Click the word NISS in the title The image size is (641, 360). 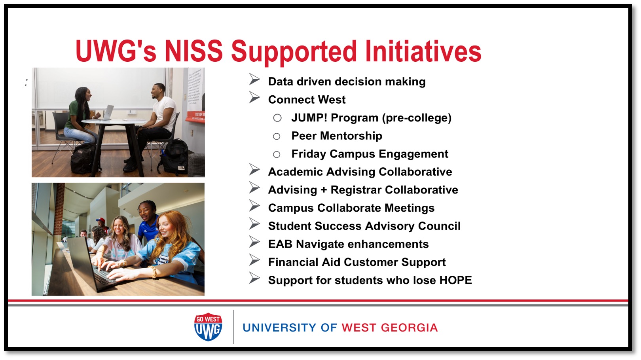(x=193, y=51)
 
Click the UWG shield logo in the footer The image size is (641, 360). (x=208, y=327)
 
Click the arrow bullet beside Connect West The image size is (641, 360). (x=254, y=97)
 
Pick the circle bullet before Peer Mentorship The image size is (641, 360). (x=277, y=136)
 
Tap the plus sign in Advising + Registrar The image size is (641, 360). (x=324, y=190)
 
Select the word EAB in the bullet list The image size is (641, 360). (x=280, y=244)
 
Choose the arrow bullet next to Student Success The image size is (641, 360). (x=254, y=224)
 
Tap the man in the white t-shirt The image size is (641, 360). (x=161, y=115)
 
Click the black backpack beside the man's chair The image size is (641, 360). (x=174, y=156)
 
